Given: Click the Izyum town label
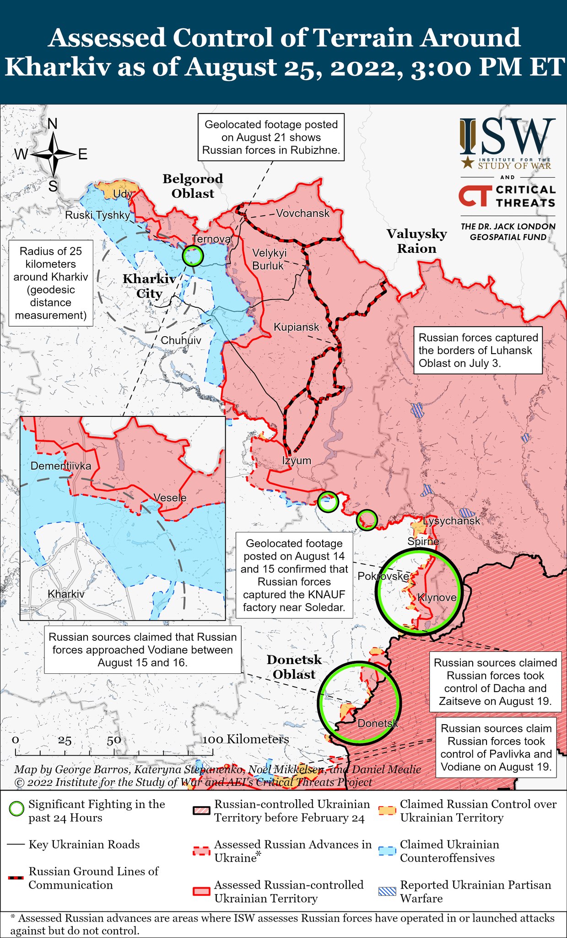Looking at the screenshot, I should (x=297, y=461).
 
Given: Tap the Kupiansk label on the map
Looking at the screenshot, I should (x=296, y=327).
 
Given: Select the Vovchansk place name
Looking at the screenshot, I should (x=302, y=213).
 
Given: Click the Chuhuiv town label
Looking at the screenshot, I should (x=181, y=340).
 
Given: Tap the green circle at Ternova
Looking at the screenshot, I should (x=192, y=256).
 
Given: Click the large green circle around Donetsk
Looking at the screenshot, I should (x=359, y=703).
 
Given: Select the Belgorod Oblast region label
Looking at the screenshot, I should (x=193, y=186).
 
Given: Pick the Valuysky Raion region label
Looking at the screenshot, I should (x=416, y=241).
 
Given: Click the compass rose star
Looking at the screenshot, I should (x=54, y=154).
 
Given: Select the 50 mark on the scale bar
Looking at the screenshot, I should (x=114, y=741).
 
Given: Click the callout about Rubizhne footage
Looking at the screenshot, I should (x=271, y=137).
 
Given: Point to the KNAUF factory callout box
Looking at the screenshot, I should (x=294, y=575).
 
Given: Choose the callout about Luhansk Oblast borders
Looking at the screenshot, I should (x=478, y=350).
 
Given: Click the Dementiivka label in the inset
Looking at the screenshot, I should (x=60, y=466).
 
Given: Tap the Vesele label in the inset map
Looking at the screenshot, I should (x=170, y=498).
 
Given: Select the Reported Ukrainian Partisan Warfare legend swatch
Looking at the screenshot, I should (x=387, y=891).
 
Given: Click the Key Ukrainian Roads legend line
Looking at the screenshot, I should (x=16, y=845).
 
